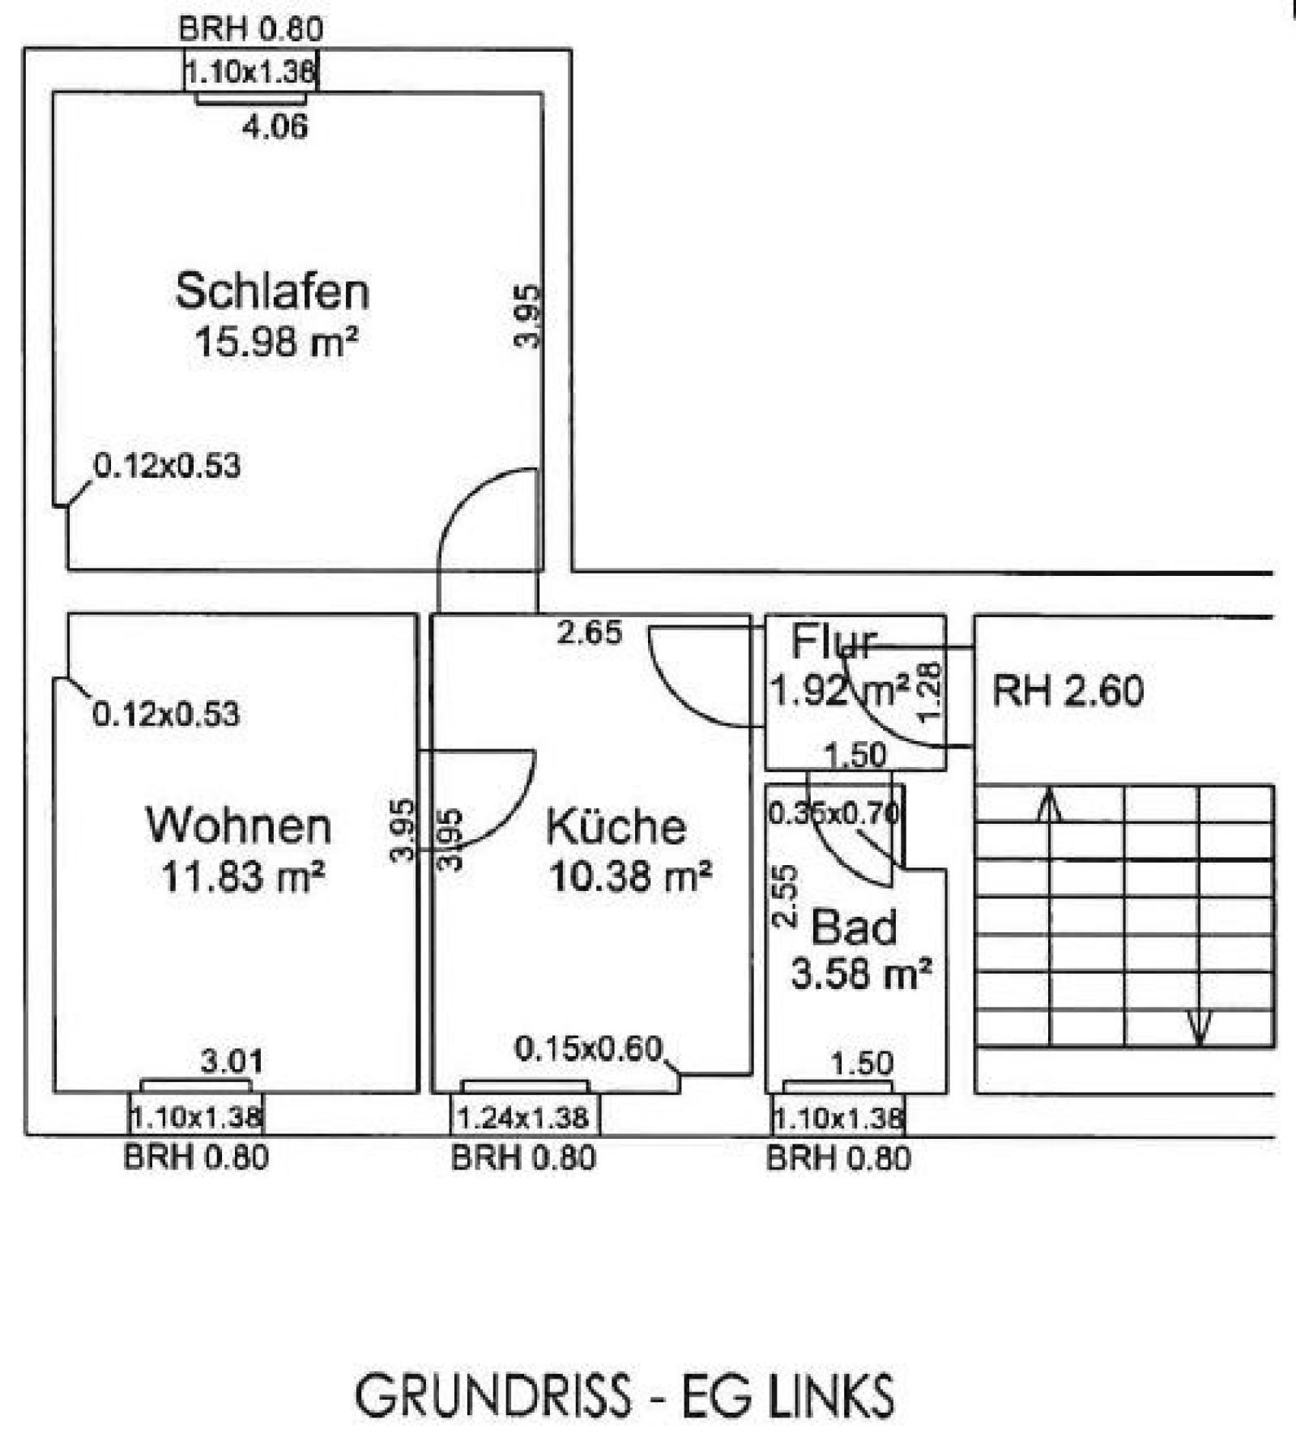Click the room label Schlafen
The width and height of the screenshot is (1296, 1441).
tap(272, 292)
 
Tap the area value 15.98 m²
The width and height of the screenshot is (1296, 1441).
tap(275, 342)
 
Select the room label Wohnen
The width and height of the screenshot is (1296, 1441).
tap(239, 825)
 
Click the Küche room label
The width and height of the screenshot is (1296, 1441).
tap(616, 827)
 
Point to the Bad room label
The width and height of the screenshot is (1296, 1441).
tap(854, 927)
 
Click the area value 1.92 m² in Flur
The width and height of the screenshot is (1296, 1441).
tap(839, 691)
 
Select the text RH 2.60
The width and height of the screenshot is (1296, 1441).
tap(1068, 691)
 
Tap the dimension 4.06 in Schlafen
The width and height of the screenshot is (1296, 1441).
tap(275, 127)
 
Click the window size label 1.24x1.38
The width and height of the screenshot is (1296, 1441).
tap(522, 1119)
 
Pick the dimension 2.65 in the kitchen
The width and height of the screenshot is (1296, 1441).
tap(590, 633)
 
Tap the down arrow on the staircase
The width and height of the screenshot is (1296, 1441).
tap(1199, 1027)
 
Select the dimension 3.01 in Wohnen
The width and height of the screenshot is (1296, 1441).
tap(232, 1061)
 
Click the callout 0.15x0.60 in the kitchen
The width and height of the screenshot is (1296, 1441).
tap(589, 1049)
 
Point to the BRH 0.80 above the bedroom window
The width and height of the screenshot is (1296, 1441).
tap(250, 29)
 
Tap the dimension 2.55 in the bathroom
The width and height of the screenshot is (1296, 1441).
tap(786, 896)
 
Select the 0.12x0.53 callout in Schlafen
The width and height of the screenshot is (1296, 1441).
tap(167, 466)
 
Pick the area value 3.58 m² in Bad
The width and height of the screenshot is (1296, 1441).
tap(860, 974)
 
